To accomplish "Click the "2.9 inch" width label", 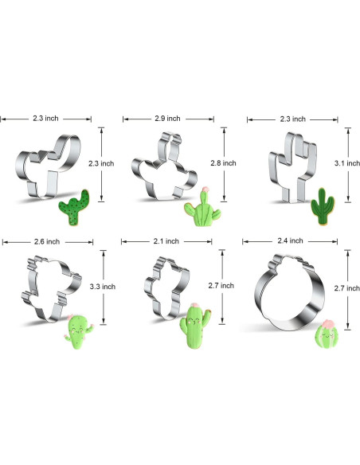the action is pyautogui.click(x=167, y=119).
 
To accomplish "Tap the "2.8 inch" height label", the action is pyautogui.click(x=223, y=163).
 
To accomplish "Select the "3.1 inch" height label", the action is pyautogui.click(x=347, y=163).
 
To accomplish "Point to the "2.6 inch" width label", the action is pyautogui.click(x=47, y=242).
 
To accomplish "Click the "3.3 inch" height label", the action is pyautogui.click(x=103, y=287).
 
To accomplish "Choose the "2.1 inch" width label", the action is pyautogui.click(x=166, y=241).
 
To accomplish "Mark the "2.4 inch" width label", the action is pyautogui.click(x=291, y=240).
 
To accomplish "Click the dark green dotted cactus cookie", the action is pyautogui.click(x=74, y=207).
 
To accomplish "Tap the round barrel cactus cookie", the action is pyautogui.click(x=327, y=334).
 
